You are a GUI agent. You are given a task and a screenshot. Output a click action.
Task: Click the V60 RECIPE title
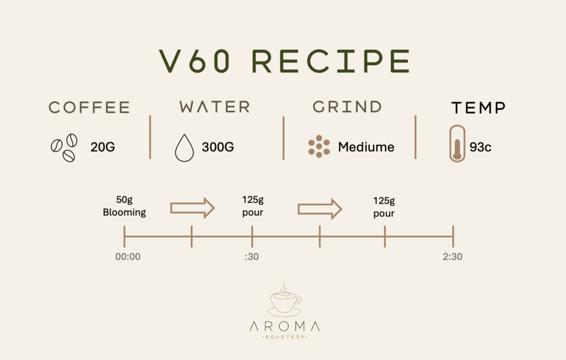(285, 61)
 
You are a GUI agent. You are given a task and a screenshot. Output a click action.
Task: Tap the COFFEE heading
(89, 107)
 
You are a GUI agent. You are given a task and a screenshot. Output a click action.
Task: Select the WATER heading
(214, 107)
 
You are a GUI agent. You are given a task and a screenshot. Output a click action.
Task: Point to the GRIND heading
(347, 107)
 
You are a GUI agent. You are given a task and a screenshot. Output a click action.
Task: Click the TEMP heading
(478, 108)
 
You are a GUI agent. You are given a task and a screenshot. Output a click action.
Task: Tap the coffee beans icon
(64, 148)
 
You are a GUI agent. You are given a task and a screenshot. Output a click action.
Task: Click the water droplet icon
(184, 148)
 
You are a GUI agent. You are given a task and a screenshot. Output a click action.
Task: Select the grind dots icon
(319, 146)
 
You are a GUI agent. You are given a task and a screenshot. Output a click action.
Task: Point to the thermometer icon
(457, 143)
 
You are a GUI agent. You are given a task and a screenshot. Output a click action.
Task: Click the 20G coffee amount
(102, 147)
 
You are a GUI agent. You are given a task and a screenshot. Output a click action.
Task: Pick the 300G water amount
(218, 147)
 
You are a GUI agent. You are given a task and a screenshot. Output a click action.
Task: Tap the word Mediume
(366, 147)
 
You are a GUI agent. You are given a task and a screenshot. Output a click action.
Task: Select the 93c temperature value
(480, 147)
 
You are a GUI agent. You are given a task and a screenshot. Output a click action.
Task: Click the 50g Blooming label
(124, 206)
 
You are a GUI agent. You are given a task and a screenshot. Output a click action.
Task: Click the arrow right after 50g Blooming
(192, 208)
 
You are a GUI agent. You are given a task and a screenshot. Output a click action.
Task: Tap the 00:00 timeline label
(128, 257)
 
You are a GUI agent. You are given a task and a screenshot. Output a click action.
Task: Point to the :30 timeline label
(251, 257)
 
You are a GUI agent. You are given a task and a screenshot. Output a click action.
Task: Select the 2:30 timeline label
(452, 257)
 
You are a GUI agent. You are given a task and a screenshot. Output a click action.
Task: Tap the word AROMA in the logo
(285, 326)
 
